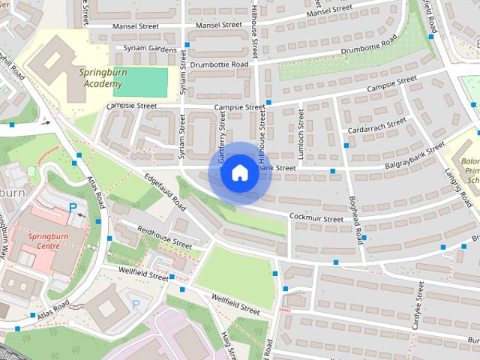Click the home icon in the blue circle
coord(239,173)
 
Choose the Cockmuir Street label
coord(316,218)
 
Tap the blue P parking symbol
coord(73,207)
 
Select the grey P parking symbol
coord(136,304)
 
